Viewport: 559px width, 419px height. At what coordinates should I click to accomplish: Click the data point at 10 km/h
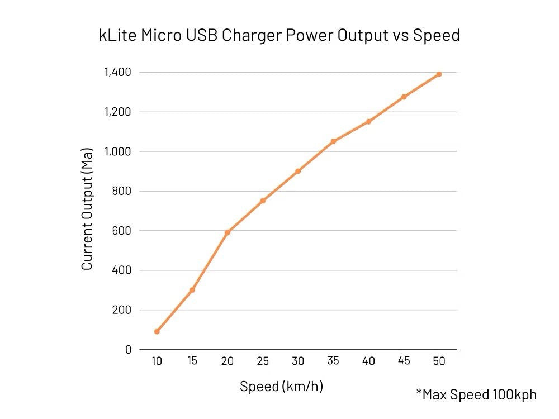pos(157,331)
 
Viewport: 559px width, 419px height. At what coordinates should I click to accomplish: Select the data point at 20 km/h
pos(228,232)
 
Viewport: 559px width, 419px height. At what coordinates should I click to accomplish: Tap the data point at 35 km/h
pos(333,141)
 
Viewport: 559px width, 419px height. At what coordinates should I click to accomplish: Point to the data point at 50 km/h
pos(439,74)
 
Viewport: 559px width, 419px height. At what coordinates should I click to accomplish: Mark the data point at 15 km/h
pos(192,290)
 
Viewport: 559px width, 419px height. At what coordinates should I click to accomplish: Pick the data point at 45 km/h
pos(404,97)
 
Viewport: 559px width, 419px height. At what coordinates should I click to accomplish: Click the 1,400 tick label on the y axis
pos(117,72)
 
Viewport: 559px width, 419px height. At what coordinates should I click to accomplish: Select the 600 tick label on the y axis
pos(121,230)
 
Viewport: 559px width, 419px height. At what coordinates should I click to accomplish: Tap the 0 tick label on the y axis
pos(128,349)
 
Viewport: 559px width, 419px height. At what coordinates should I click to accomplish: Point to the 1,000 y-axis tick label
pos(117,151)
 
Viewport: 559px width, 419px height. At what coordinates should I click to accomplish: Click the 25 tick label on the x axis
pos(263,361)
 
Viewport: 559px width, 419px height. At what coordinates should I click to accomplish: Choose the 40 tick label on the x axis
pos(368,361)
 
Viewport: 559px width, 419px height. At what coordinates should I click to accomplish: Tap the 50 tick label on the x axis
pos(439,361)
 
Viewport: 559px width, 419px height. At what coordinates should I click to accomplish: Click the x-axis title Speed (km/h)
pos(281,386)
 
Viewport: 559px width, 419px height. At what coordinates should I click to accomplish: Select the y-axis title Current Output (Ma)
pos(87,208)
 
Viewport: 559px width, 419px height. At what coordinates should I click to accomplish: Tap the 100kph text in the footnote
pos(514,394)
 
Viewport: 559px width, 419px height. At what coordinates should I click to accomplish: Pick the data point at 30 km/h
pos(298,171)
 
